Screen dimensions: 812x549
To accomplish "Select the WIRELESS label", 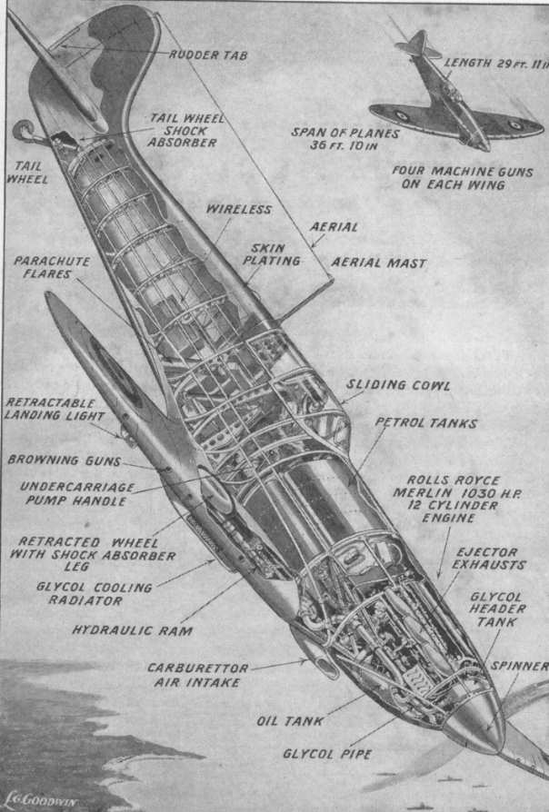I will point(238,209).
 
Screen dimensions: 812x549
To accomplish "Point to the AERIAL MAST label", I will point(378,262).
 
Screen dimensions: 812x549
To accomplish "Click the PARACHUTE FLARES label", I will point(52,266).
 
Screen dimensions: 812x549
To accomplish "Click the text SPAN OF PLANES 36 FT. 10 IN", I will point(333,138).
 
